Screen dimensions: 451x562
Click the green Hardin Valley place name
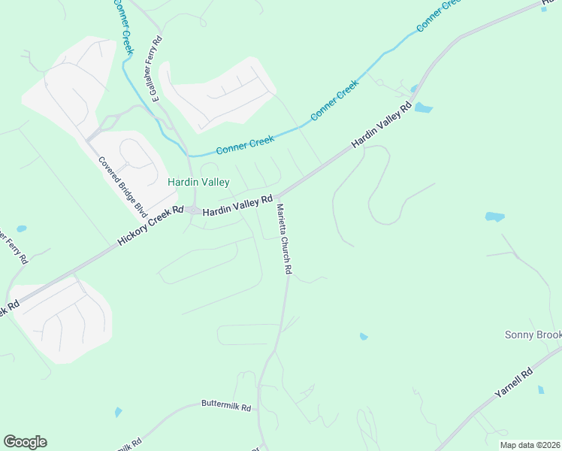tap(198, 182)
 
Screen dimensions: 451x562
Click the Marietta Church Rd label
tap(283, 238)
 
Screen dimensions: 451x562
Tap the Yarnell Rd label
tap(514, 383)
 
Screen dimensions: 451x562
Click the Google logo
tap(25, 442)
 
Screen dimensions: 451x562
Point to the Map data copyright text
tap(530, 445)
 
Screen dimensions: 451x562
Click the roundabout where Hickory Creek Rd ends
tap(194, 210)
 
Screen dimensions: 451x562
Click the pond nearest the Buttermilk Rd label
tap(118, 412)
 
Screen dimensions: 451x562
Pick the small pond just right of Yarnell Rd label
tap(541, 390)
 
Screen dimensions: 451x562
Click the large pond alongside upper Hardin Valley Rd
tap(423, 107)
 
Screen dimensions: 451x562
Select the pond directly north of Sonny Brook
tap(494, 216)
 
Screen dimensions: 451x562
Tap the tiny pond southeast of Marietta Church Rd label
tap(364, 336)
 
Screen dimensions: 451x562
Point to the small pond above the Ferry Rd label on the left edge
tap(21, 229)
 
